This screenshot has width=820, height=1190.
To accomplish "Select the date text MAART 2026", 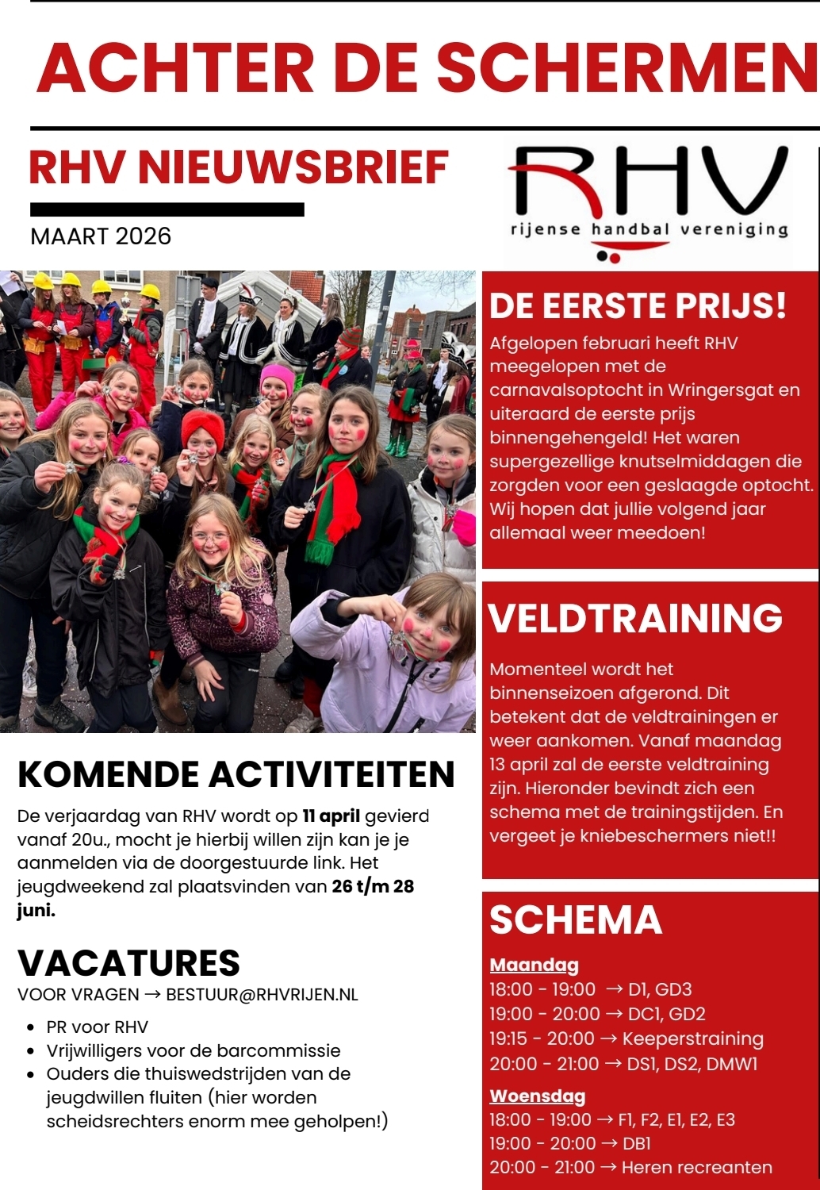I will (101, 236).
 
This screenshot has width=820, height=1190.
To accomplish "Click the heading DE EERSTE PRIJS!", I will (638, 306).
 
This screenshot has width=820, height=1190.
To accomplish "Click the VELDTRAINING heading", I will (635, 619).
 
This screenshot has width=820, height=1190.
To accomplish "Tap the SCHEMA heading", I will (576, 920).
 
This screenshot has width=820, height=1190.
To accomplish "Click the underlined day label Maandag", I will (534, 965).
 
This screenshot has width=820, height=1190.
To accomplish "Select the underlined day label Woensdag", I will (537, 1096).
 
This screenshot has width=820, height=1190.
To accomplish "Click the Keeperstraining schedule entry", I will (692, 1038).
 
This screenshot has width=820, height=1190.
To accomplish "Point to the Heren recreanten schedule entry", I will (696, 1168).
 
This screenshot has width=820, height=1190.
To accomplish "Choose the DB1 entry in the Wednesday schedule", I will (637, 1144).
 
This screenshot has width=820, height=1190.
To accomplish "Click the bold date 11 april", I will (331, 816).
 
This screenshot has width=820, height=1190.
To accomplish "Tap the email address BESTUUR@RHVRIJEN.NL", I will (262, 995).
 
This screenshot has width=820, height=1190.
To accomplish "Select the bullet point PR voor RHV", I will (97, 1027).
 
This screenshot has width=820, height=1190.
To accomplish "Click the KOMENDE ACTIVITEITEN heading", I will (236, 775).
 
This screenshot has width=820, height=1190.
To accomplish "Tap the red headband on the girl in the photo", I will (203, 424).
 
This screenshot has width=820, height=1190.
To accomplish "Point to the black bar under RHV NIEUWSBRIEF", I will (167, 209).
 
